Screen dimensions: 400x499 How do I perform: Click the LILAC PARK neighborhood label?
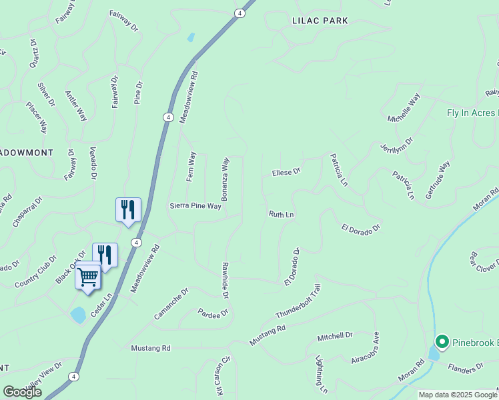pyautogui.click(x=320, y=21)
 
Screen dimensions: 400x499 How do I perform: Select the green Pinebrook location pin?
pyautogui.click(x=441, y=343)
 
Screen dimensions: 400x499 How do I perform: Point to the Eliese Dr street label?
pyautogui.click(x=286, y=172)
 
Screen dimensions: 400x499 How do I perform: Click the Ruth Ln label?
pyautogui.click(x=281, y=215)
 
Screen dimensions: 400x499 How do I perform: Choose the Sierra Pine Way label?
pyautogui.click(x=195, y=206)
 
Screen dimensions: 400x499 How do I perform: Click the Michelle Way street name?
pyautogui.click(x=404, y=108)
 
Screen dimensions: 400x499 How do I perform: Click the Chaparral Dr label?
pyautogui.click(x=27, y=211)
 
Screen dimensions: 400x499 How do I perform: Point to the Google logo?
pyautogui.click(x=22, y=392)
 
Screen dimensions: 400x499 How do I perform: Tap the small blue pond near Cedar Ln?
pyautogui.click(x=78, y=315)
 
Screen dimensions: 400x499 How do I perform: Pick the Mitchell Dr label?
pyautogui.click(x=334, y=336)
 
